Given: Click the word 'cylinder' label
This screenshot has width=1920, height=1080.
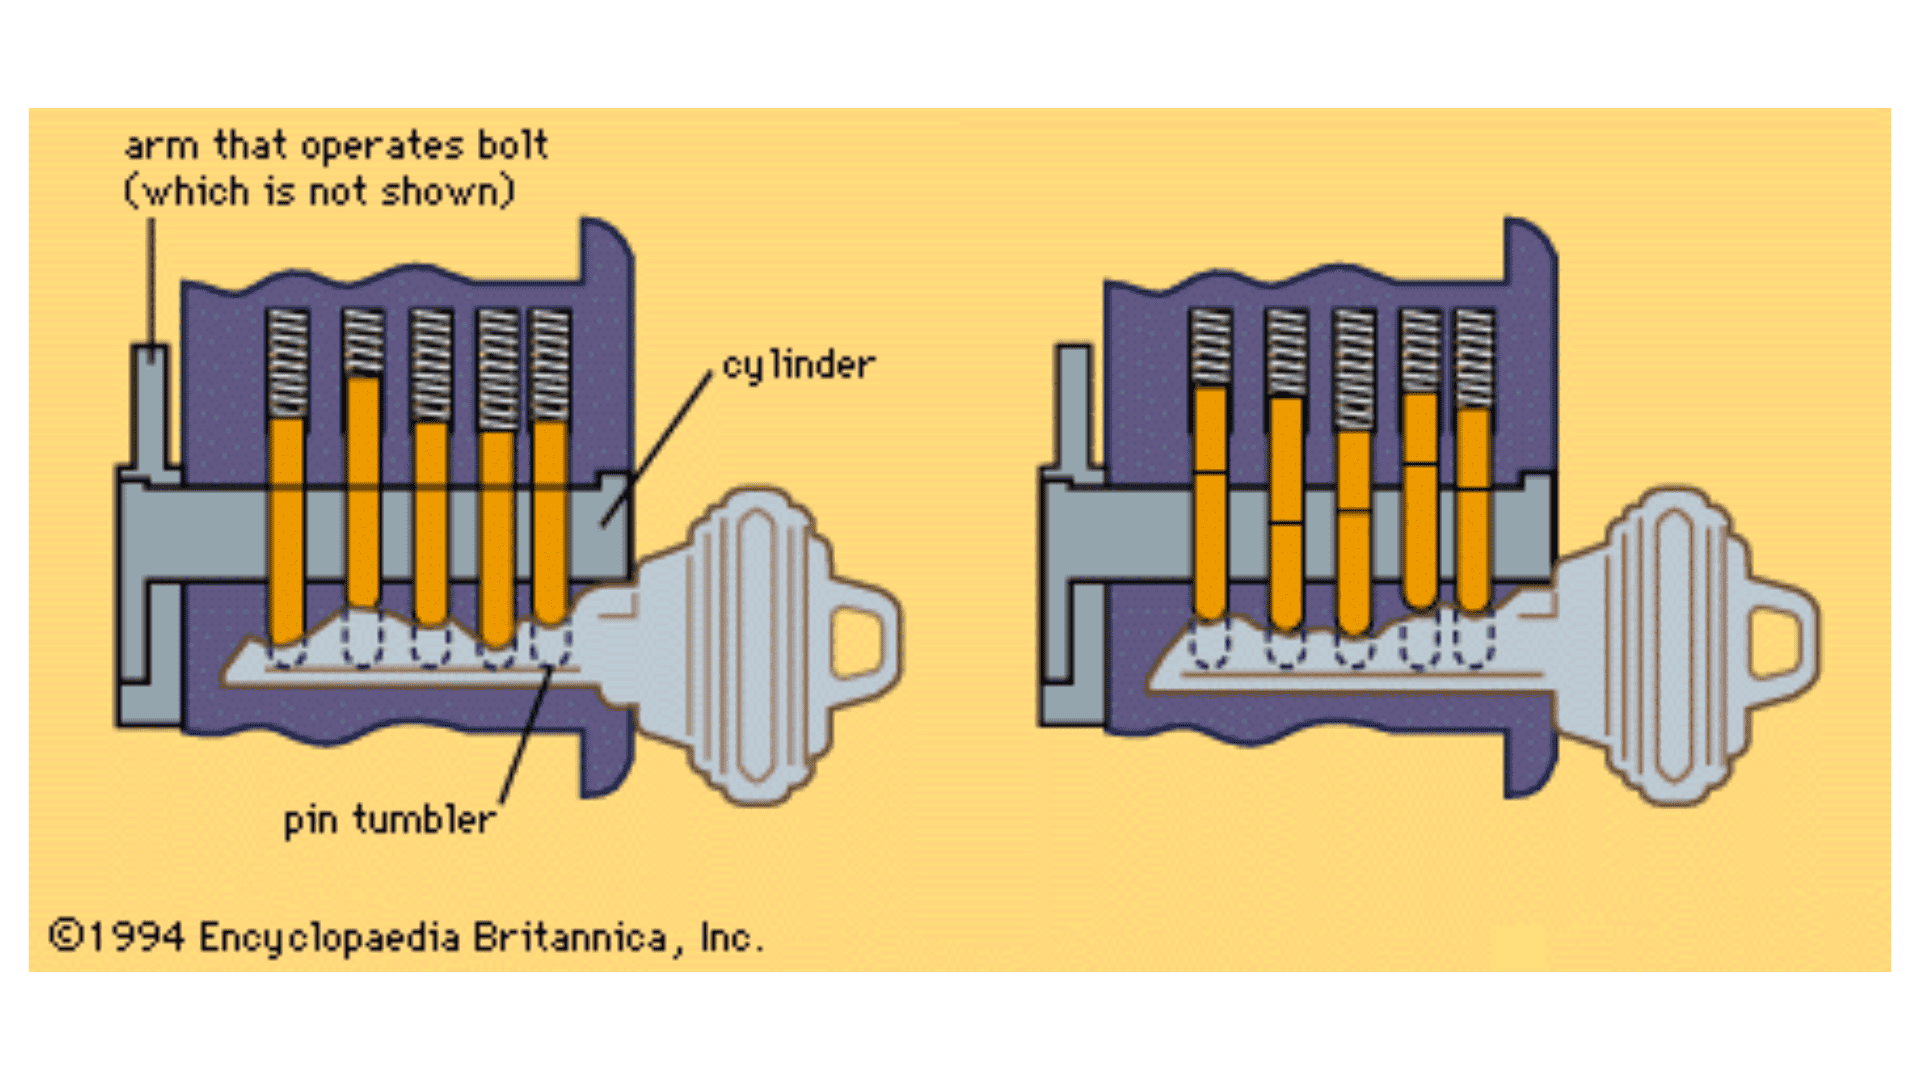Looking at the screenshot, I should pyautogui.click(x=798, y=366).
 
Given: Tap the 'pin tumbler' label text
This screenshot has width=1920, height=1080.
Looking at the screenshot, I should pyautogui.click(x=389, y=821).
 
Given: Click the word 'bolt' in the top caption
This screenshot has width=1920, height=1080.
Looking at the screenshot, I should pyautogui.click(x=512, y=146).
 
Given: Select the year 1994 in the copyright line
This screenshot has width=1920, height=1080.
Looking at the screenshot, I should pyautogui.click(x=136, y=938).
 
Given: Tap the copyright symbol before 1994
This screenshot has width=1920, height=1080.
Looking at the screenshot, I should pyautogui.click(x=65, y=936).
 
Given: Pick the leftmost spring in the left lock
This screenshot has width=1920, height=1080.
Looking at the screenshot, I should pyautogui.click(x=287, y=362).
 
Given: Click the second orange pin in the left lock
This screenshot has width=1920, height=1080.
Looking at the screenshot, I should pyautogui.click(x=363, y=490).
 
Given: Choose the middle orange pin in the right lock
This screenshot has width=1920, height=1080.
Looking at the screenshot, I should pyautogui.click(x=1353, y=530).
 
